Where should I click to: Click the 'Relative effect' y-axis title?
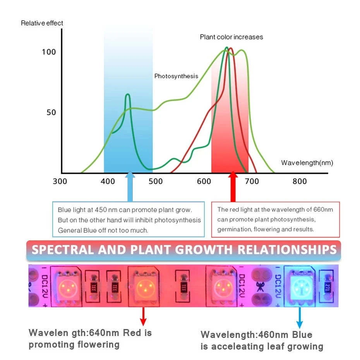tap(42, 23)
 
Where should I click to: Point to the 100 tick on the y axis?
tap(49, 52)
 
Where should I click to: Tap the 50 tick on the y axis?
tap(51, 113)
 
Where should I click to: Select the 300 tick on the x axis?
tap(60, 182)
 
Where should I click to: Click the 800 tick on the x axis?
tap(300, 182)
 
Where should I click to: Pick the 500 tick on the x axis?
tap(156, 182)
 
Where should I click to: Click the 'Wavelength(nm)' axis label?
tap(307, 163)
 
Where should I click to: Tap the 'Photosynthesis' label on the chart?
tap(176, 76)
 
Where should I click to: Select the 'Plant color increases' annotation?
tap(231, 37)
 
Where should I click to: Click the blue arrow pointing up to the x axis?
tap(130, 186)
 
